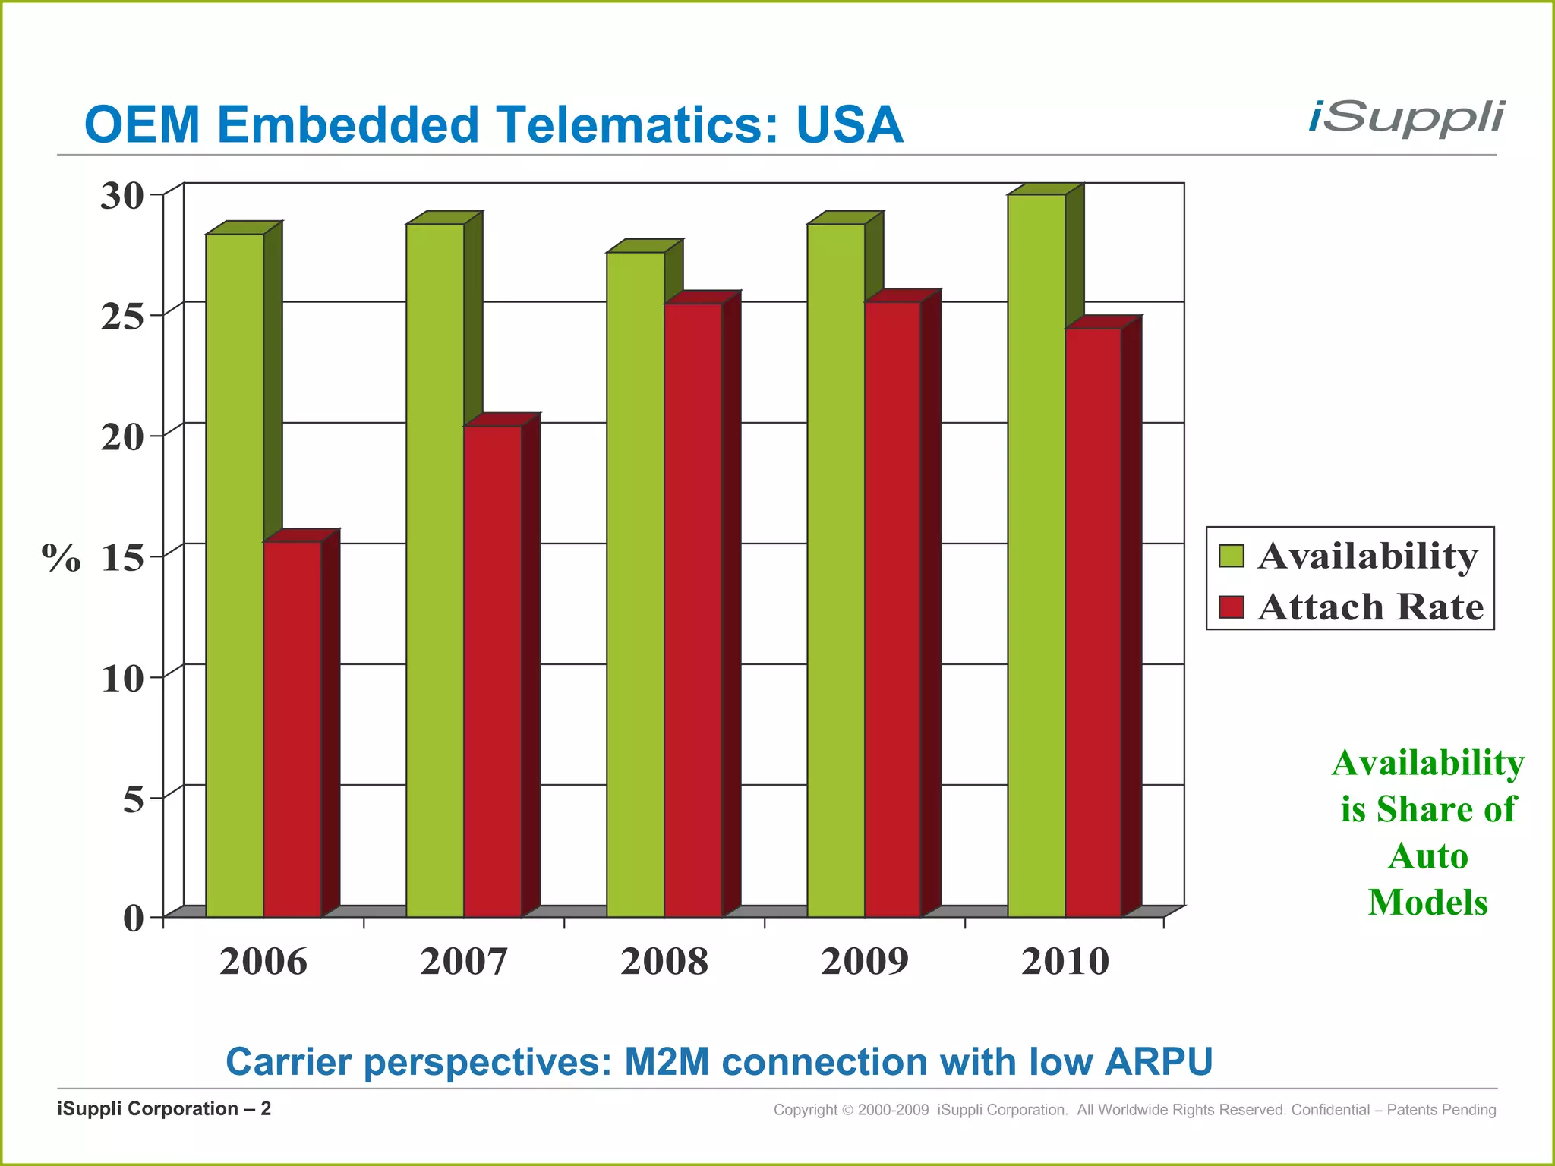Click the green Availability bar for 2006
point(235,577)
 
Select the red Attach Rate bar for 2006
point(292,729)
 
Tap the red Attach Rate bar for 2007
point(493,672)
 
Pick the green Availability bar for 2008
point(636,585)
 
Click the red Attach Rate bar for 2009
point(893,607)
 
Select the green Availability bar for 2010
point(1036,554)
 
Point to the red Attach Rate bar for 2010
point(1093,622)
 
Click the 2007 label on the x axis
point(463,962)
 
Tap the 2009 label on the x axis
point(864,962)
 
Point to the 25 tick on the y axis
point(123,317)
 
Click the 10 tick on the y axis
point(123,679)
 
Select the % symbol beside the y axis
point(61,558)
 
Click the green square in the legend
point(1231,556)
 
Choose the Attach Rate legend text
point(1370,607)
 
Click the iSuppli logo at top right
point(1405,119)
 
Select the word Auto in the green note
point(1427,856)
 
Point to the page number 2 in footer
point(266,1109)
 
